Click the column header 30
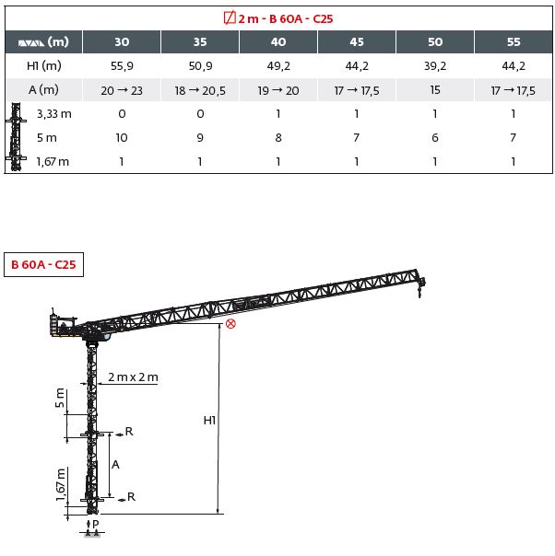pos(122,41)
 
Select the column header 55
pos(514,41)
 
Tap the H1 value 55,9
pos(122,66)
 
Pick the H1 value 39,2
pos(435,66)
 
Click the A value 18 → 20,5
pos(200,91)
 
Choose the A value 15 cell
pos(435,90)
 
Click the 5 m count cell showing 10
pos(122,137)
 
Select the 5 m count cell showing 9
pos(200,137)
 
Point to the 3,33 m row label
pos(54,114)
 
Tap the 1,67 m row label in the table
pos(53,162)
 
